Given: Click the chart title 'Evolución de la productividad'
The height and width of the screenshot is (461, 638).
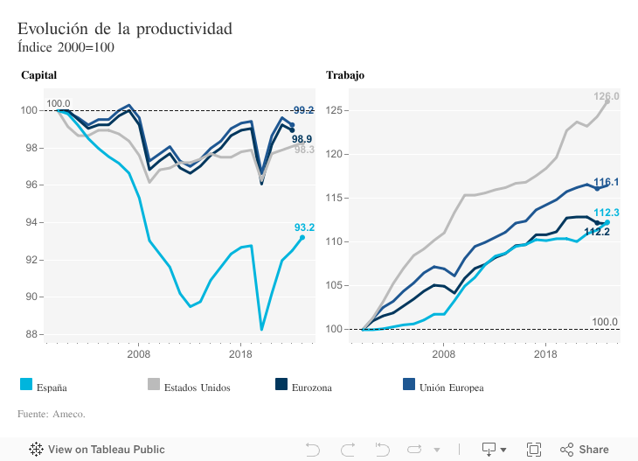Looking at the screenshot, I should (124, 29).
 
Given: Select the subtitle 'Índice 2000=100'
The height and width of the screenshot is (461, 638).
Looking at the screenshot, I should (66, 47).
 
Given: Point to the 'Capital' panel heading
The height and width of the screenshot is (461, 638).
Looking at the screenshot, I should (39, 76).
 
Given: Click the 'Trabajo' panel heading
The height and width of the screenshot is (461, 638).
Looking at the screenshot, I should (345, 76).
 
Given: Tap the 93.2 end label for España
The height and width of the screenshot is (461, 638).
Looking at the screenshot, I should (303, 227).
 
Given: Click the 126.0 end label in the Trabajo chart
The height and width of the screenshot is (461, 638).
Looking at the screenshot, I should (607, 96).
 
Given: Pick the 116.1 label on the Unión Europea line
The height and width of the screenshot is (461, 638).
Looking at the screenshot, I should (607, 182).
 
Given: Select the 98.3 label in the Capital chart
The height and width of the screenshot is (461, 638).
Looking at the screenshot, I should (303, 150).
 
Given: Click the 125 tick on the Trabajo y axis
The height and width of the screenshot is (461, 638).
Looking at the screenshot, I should (337, 110).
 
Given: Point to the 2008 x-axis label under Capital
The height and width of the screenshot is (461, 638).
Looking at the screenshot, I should (139, 353).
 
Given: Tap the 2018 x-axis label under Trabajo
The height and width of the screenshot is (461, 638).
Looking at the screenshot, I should (546, 353).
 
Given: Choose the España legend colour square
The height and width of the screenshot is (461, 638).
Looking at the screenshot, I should (26, 386).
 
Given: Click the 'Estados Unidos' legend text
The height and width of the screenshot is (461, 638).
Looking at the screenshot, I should (197, 387).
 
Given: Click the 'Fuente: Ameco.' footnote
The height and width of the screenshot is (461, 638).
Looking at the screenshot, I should (52, 413).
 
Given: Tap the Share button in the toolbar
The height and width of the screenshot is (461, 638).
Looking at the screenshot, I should (585, 450).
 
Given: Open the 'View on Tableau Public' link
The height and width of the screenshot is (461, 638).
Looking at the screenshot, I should (97, 450).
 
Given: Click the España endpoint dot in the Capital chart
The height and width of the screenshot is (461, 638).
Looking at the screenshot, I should (302, 237).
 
